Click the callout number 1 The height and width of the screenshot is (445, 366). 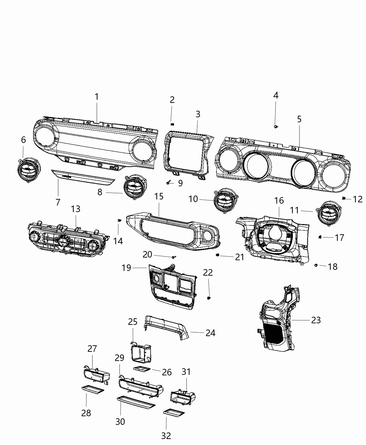tap(97, 97)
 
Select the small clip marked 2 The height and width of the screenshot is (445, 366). tap(172, 124)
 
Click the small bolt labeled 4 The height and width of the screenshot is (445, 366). tap(276, 126)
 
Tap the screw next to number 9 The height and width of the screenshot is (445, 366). tap(169, 183)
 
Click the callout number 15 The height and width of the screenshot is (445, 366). tap(159, 196)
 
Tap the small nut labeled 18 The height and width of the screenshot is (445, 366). tap(315, 266)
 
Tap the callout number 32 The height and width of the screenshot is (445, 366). tap(166, 435)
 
